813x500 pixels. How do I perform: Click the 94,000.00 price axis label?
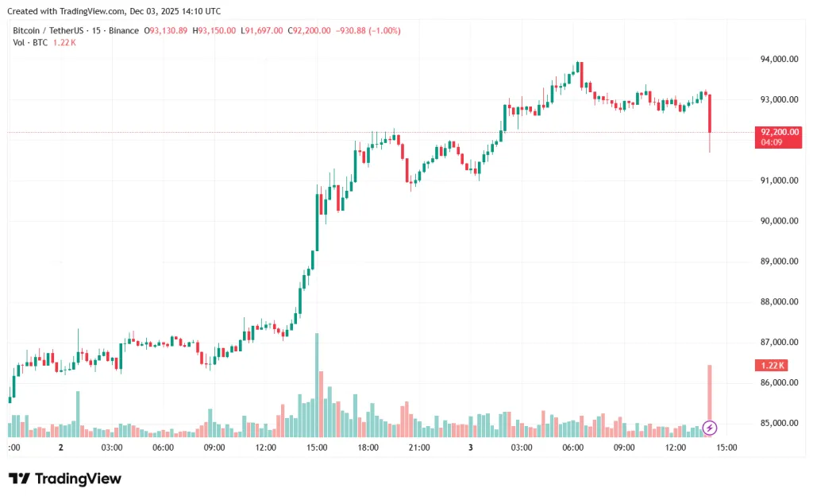point(778,59)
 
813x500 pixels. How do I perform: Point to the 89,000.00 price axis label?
point(778,262)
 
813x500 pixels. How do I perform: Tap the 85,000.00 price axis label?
point(778,423)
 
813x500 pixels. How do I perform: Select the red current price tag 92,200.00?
point(779,132)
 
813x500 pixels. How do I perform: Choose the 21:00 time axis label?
point(419,448)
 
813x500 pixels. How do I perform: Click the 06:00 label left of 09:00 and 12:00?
point(163,448)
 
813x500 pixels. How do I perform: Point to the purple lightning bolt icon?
point(710,428)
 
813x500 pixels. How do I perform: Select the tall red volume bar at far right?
point(710,393)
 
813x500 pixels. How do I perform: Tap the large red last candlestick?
point(710,113)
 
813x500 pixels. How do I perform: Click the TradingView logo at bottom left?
point(65,479)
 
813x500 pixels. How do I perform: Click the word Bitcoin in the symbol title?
point(27,30)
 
